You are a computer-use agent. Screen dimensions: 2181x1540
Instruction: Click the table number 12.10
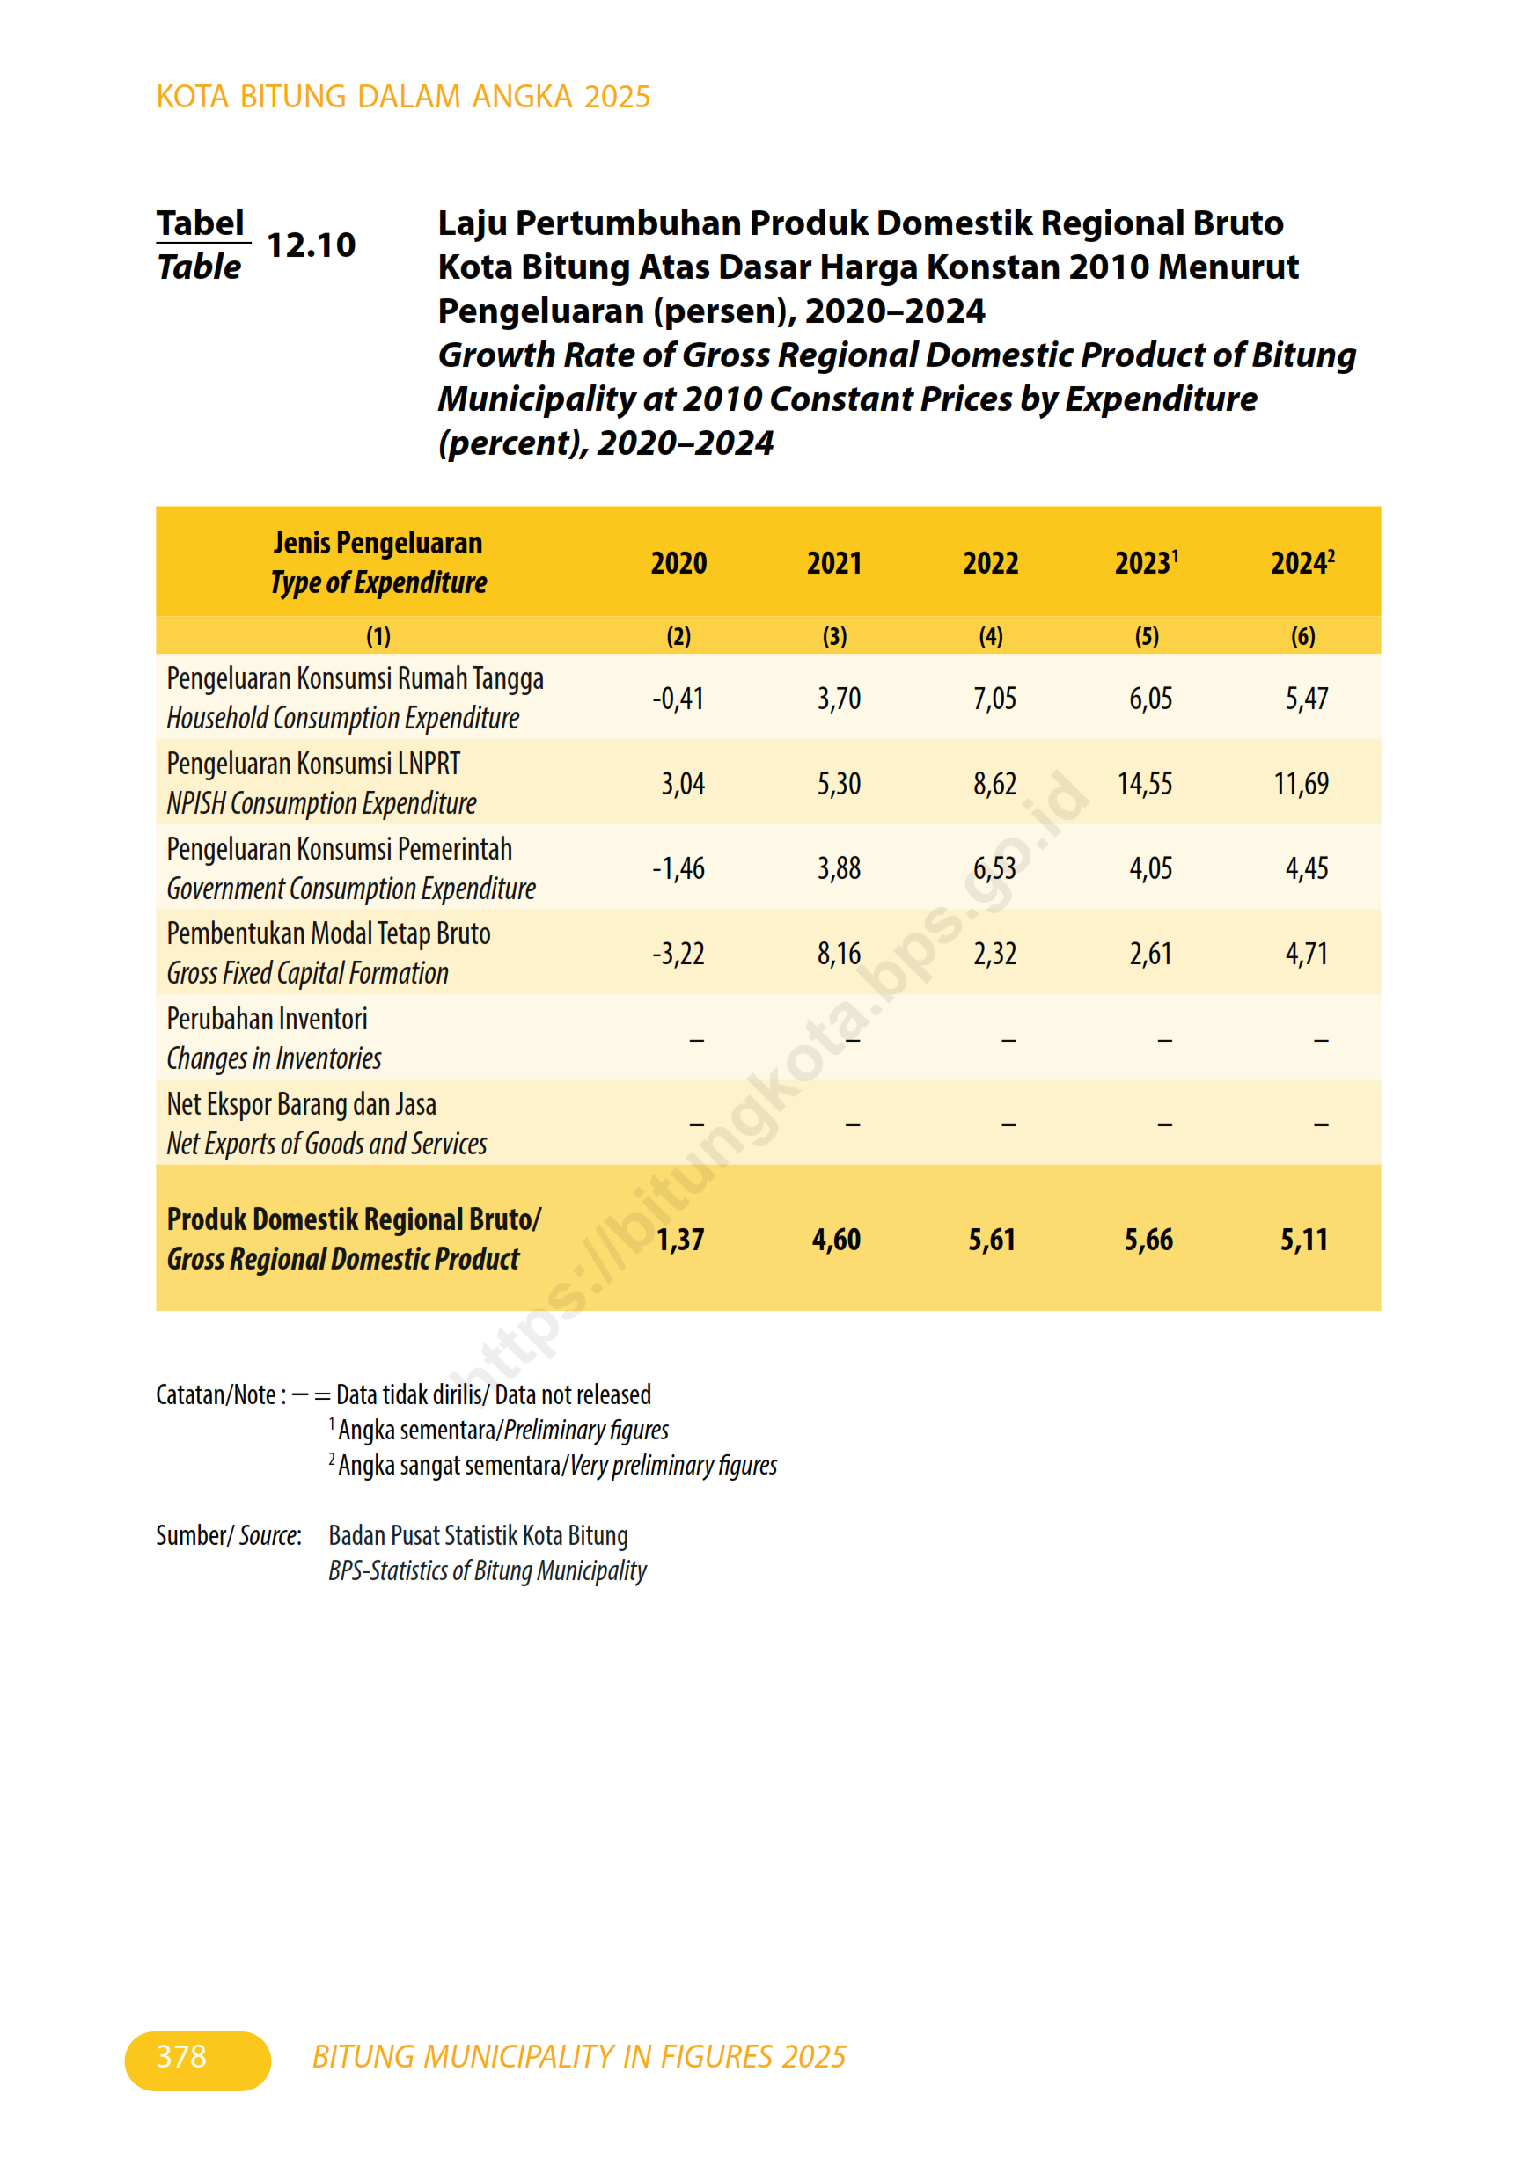coord(311,245)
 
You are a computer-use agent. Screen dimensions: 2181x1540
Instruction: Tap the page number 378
coord(181,2057)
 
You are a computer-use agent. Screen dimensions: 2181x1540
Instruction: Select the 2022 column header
coord(990,563)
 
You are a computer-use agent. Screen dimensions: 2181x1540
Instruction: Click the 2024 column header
coord(1302,563)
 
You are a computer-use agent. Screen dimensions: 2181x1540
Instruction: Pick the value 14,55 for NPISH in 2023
coord(1145,784)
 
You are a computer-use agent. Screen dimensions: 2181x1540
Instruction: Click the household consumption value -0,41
coord(678,699)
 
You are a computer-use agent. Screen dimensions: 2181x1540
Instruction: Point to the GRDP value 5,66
coord(1148,1240)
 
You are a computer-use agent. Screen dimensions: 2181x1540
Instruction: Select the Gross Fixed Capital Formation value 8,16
coord(839,954)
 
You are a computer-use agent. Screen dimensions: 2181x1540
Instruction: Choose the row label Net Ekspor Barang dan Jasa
coord(301,1105)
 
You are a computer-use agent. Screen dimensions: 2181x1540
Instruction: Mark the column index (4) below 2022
coord(990,636)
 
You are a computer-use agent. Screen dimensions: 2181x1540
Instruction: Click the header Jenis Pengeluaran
coord(378,544)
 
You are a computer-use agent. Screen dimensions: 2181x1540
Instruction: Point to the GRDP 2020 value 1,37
coord(680,1240)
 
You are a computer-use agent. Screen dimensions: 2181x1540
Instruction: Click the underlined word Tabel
coord(201,223)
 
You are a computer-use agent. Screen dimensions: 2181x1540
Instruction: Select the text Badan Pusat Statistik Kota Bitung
coord(478,1536)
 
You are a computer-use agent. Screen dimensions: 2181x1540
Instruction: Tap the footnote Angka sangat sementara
coord(450,1466)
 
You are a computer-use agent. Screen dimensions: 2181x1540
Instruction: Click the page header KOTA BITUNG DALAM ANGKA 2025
coord(403,97)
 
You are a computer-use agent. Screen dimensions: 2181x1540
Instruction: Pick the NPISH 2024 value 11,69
coord(1301,784)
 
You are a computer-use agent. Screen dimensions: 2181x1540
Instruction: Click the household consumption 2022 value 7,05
coord(994,699)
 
